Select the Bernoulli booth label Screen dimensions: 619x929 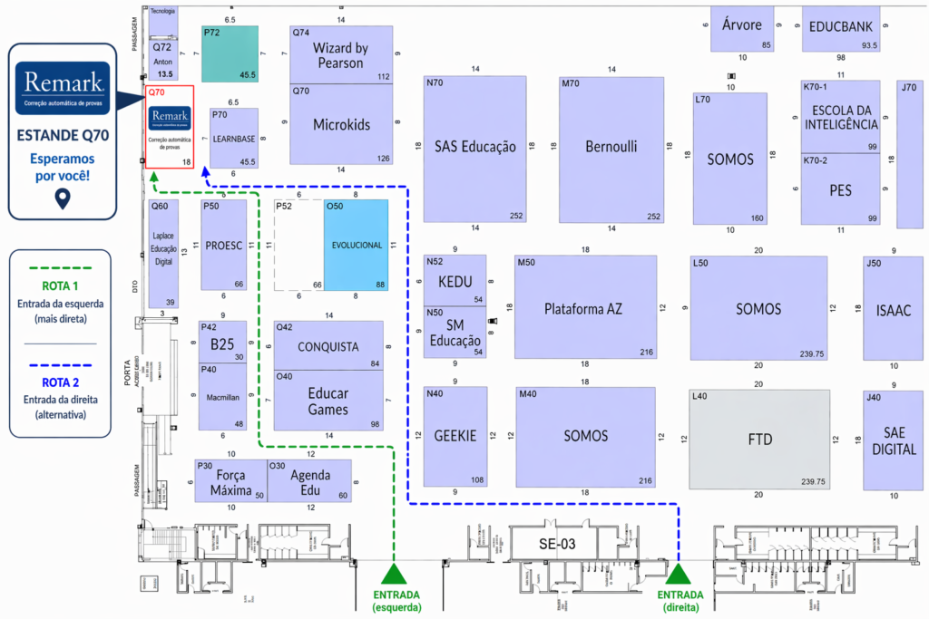tap(611, 146)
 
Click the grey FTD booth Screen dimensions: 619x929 tap(759, 440)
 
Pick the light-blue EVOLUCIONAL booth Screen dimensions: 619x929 tap(357, 245)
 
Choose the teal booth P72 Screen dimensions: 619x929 tap(230, 53)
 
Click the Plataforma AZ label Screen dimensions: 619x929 tap(583, 308)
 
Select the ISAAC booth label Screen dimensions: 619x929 tap(893, 310)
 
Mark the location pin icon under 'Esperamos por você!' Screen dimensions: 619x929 tap(63, 198)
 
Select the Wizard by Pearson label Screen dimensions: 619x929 tap(339, 55)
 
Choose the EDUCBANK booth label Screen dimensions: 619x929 tap(840, 26)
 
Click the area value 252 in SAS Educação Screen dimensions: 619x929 tap(516, 216)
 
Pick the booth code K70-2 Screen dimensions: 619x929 tap(815, 160)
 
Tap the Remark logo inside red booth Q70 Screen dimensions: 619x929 tap(170, 117)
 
